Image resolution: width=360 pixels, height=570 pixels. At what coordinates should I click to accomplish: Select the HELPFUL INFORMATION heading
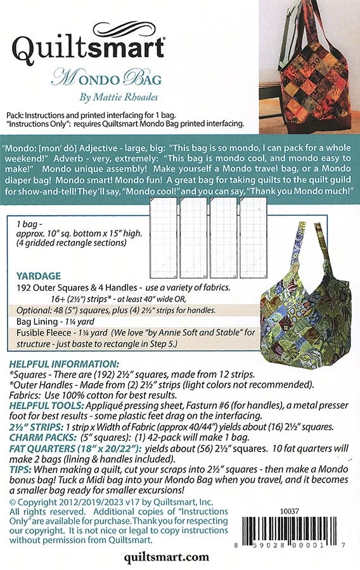[56, 364]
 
